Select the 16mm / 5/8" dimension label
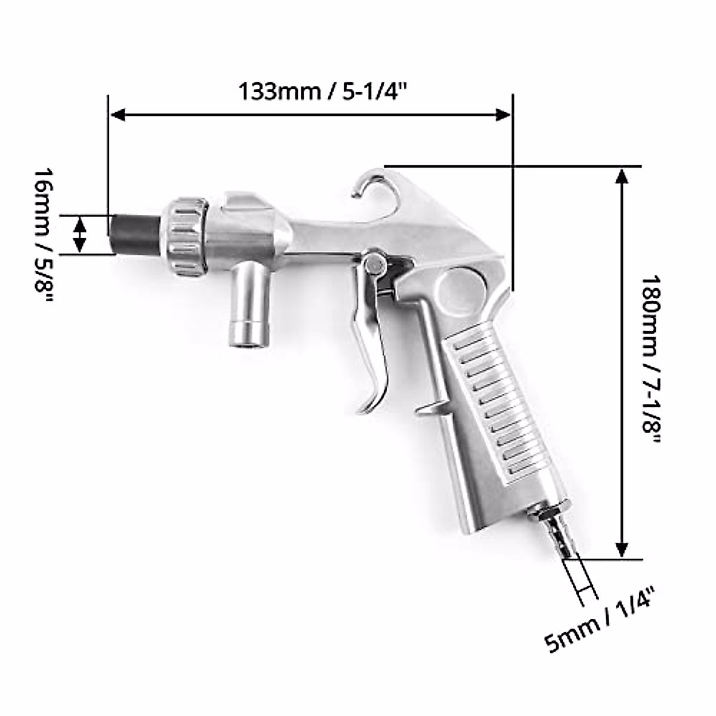(x=43, y=235)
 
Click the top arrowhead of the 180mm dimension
(x=622, y=175)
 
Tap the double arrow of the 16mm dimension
(x=80, y=234)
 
